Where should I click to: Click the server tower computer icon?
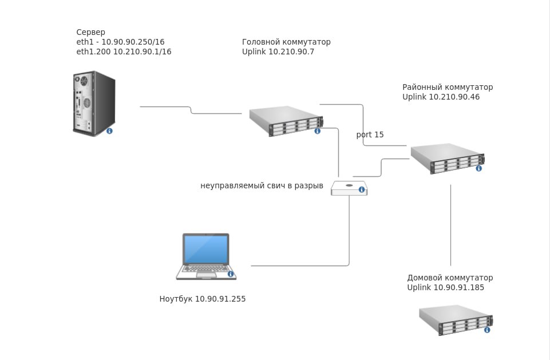click(93, 103)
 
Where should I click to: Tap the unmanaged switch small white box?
click(349, 188)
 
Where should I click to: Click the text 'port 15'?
click(370, 135)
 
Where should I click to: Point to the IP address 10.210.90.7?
click(291, 52)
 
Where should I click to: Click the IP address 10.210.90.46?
click(454, 97)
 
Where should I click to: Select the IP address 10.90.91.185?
click(458, 288)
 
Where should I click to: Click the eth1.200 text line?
click(124, 52)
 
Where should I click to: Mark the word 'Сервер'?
click(90, 33)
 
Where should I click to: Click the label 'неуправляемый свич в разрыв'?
click(262, 186)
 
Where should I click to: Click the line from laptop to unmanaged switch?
click(298, 266)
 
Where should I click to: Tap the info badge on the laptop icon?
click(231, 274)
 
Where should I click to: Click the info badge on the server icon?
click(109, 131)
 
